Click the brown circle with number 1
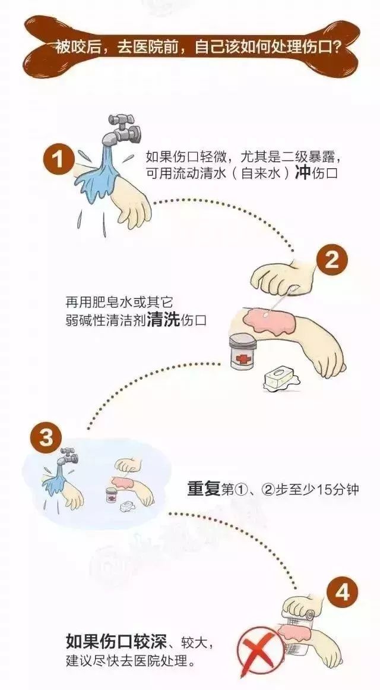pos(58,159)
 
